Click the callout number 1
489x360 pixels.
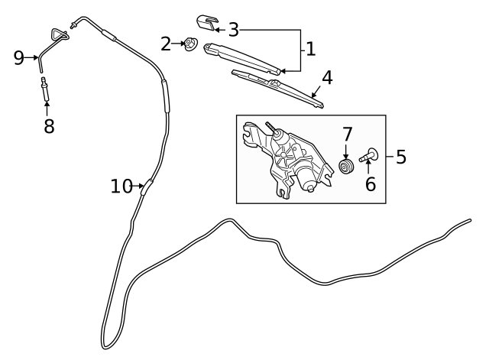click(311, 49)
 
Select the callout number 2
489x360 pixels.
click(166, 44)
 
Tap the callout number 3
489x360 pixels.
click(234, 30)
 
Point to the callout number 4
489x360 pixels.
click(327, 78)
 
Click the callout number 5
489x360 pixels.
click(401, 157)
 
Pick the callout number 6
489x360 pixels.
click(371, 184)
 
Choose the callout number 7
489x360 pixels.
click(347, 135)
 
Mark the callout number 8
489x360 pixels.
click(49, 126)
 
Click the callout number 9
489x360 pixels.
click(19, 58)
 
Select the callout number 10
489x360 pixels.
click(122, 186)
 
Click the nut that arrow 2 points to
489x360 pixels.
click(189, 44)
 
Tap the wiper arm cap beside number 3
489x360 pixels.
click(207, 23)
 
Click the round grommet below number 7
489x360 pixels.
click(346, 167)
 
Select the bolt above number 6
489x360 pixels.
click(368, 156)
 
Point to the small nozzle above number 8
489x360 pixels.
click(44, 89)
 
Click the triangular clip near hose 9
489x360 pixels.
click(60, 34)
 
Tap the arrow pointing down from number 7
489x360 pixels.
click(345, 151)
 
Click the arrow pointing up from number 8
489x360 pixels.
click(47, 109)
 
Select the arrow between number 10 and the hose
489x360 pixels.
click(138, 186)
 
